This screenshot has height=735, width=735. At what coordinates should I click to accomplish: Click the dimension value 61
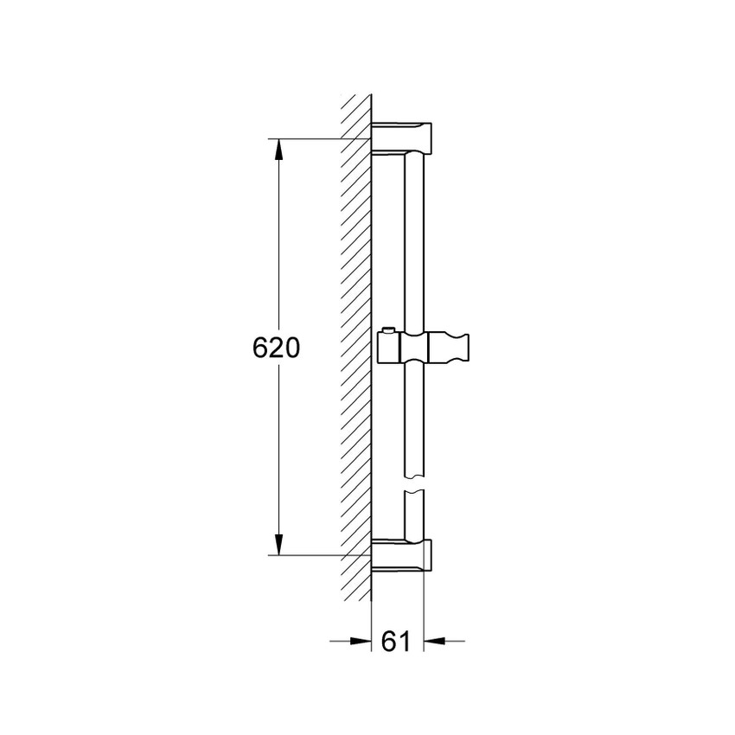[394, 641]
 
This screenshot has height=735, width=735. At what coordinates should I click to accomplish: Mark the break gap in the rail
[415, 484]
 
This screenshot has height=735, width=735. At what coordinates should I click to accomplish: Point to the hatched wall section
[355, 346]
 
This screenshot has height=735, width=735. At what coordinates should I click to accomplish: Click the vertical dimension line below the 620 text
[278, 450]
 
